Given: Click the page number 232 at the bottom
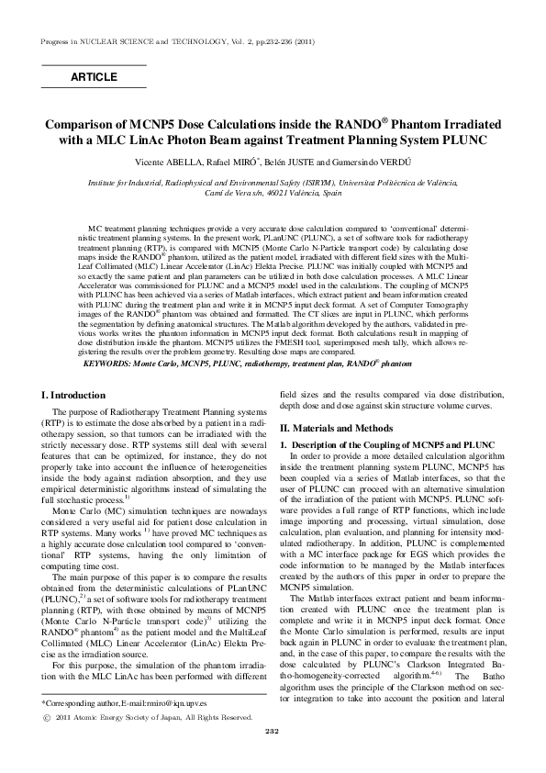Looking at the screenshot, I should coord(272,756).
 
